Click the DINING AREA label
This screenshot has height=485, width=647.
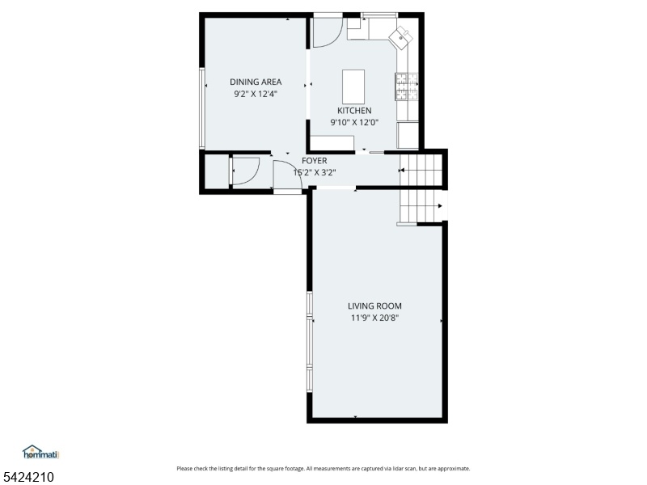[x=256, y=82]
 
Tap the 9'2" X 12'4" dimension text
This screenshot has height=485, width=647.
[x=256, y=94]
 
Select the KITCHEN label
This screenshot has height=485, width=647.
[x=354, y=111]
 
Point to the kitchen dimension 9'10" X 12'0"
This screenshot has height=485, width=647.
[x=354, y=123]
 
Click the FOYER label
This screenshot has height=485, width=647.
[x=315, y=161]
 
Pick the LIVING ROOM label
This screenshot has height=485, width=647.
[x=374, y=306]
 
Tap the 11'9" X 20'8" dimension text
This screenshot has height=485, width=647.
[x=374, y=318]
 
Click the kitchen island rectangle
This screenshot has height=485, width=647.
[x=353, y=86]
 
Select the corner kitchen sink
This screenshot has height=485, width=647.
[x=401, y=37]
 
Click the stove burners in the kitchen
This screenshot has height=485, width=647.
[x=407, y=86]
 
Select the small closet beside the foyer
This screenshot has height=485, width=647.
[x=217, y=171]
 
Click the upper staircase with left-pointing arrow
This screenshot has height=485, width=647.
[x=421, y=170]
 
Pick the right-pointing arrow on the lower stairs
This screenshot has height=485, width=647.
[x=440, y=206]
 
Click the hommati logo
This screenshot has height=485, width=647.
[x=41, y=452]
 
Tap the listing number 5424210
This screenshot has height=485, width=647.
[x=27, y=477]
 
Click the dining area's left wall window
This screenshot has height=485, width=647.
[x=202, y=108]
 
